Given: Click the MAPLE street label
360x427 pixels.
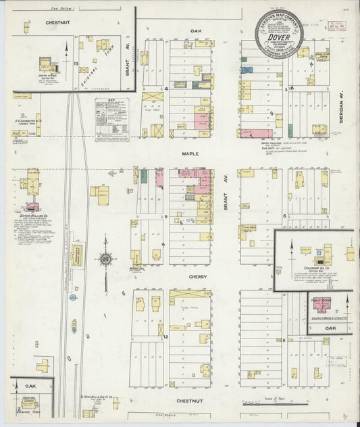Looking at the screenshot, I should click(188, 153).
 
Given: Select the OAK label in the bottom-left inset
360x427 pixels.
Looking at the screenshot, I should click(30, 386).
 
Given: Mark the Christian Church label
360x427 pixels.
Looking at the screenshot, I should click(29, 399).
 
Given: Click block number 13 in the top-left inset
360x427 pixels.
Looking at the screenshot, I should click(77, 63).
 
